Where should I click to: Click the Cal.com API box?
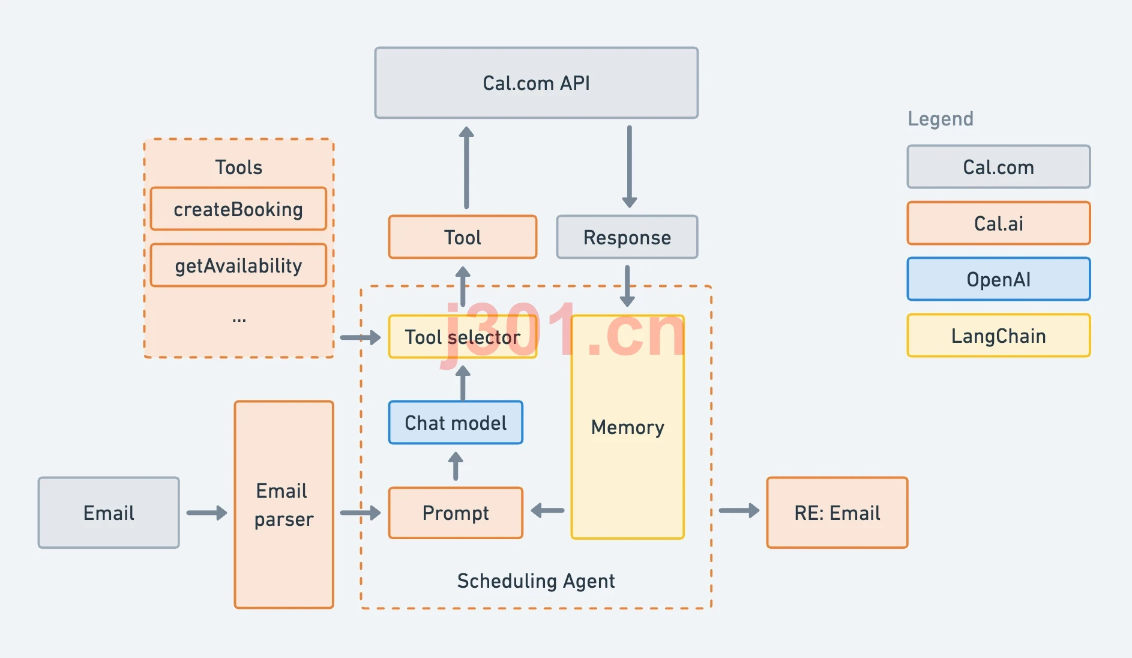point(536,83)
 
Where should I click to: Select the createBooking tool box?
point(238,209)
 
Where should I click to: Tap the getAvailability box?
point(238,265)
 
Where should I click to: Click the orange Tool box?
point(462,237)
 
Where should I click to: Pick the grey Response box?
point(627,237)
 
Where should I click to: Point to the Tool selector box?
point(462,337)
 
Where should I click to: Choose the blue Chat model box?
point(456,423)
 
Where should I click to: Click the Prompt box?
point(456,513)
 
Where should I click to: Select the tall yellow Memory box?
point(627,427)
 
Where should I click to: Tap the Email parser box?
point(284,505)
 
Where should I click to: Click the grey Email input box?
point(109,513)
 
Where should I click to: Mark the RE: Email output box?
point(837,513)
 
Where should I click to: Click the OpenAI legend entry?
point(999,279)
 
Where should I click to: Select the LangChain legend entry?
point(999,336)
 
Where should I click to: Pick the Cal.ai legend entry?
point(999,223)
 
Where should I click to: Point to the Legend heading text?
point(941,119)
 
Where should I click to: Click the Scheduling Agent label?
point(536,581)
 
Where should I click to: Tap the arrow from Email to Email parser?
point(207,513)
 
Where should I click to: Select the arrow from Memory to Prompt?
point(547,511)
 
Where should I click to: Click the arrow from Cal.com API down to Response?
point(629,166)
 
